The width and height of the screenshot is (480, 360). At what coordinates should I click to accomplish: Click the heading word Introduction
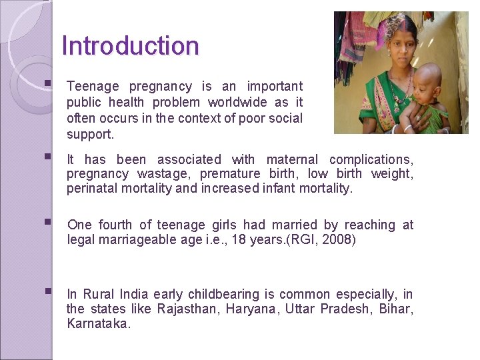point(130,46)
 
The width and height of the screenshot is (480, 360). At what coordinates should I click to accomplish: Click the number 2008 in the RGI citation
point(337,239)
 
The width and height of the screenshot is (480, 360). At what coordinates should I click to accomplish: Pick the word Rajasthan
point(188,309)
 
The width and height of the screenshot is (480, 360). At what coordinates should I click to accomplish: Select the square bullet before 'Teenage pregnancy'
point(47,85)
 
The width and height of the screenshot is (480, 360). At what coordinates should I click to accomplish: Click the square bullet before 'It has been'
point(47,158)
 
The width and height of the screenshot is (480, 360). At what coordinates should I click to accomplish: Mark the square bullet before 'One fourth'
point(47,223)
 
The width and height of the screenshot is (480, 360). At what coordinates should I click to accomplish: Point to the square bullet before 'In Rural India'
point(47,293)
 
